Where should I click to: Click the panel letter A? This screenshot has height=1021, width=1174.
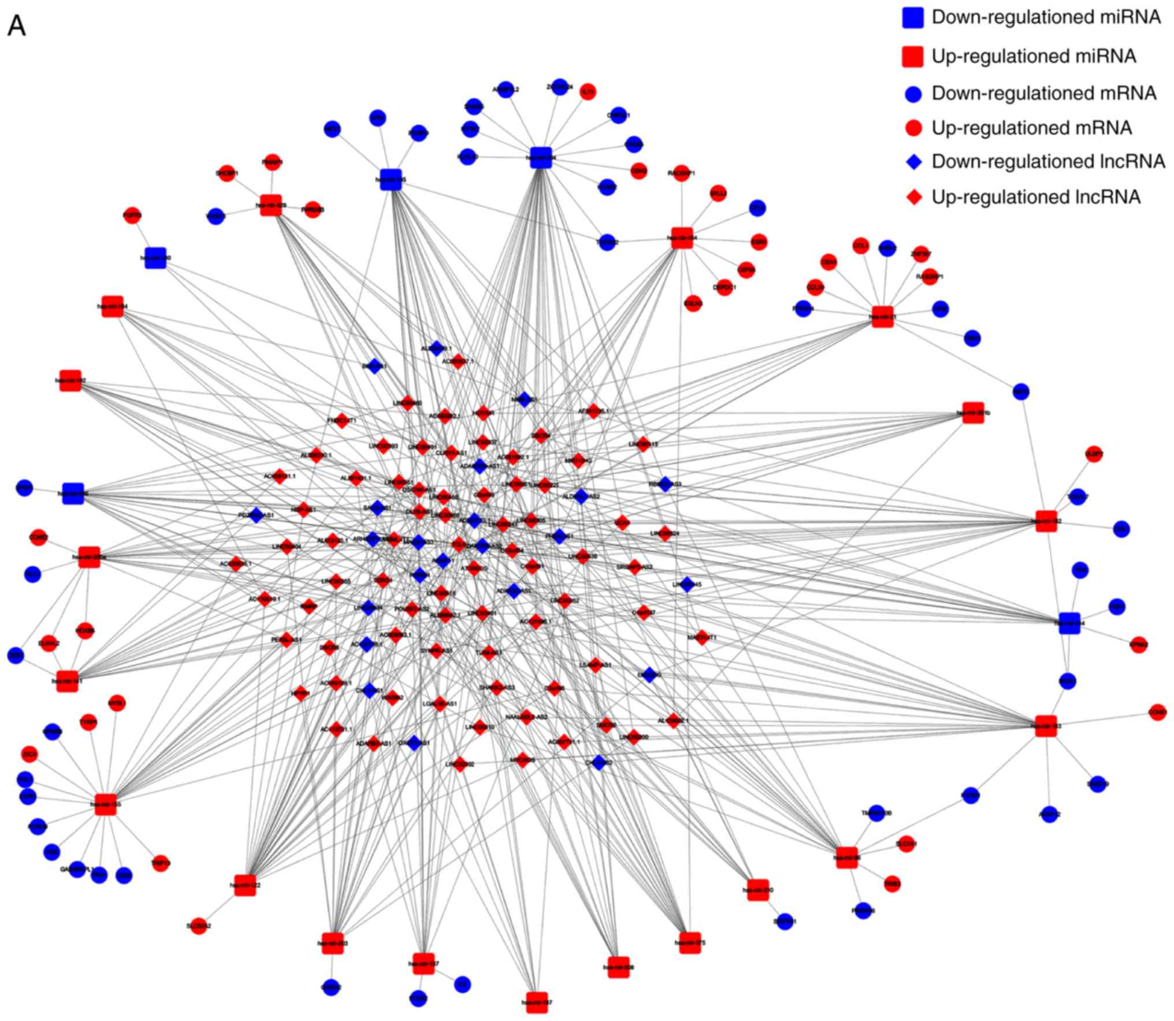point(16,27)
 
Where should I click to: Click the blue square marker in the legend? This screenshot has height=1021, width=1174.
point(913,17)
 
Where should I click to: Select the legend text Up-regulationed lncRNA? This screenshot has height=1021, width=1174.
point(1036,198)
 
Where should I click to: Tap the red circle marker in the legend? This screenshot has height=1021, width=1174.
point(913,128)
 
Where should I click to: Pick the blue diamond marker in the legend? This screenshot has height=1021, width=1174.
point(913,162)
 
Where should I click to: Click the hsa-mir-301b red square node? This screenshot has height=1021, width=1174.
point(973,413)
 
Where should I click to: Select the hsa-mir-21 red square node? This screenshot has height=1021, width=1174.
point(882,316)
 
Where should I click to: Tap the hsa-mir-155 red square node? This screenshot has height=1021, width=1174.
point(106,804)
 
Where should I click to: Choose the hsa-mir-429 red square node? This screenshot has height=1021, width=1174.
point(271,205)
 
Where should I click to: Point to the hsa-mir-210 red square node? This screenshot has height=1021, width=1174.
point(757,890)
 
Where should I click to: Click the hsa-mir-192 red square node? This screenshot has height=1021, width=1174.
point(70,381)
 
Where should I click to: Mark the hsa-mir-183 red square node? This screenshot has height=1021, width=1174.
point(1046,726)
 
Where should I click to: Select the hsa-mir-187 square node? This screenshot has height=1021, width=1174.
point(537,1002)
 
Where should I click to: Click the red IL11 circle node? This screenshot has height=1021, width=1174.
point(588,92)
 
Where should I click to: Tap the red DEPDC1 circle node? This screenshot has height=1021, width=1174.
point(724,287)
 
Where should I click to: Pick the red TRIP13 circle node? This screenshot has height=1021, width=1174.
point(161,863)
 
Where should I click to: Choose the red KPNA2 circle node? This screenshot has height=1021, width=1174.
point(1138,644)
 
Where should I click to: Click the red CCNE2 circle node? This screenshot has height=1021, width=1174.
point(38,537)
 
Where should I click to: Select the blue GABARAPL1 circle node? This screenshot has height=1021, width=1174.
point(77,869)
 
